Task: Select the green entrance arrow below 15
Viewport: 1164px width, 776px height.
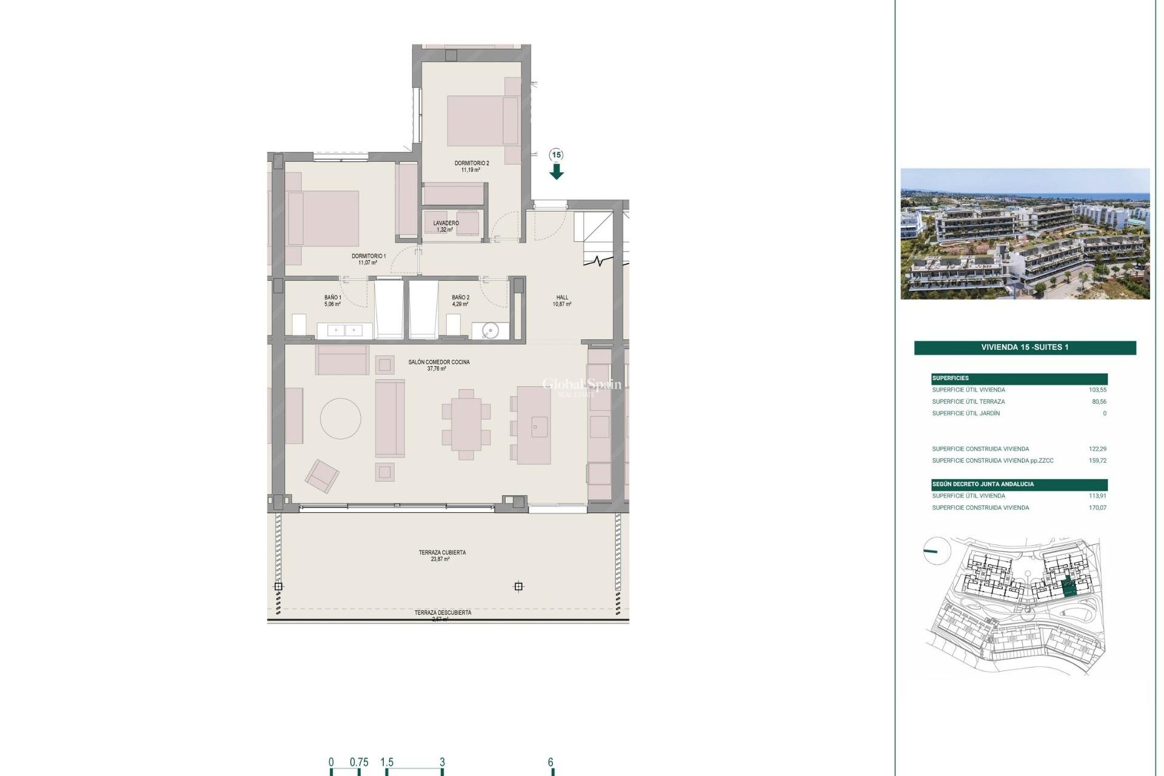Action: pos(557,172)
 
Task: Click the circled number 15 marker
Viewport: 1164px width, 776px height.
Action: pos(557,155)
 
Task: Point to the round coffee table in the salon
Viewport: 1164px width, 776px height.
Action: pos(341,418)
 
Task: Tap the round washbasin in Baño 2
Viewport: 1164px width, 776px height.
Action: pos(490,330)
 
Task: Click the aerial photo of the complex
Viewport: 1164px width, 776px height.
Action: pos(1025,234)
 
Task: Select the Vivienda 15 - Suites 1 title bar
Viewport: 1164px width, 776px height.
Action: pos(1025,347)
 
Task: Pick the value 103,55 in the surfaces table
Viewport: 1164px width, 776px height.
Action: pos(1097,390)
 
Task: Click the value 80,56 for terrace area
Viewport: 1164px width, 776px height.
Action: pos(1099,402)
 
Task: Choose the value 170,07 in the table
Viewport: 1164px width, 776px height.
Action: pos(1097,508)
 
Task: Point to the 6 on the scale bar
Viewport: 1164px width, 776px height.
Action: pos(550,763)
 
